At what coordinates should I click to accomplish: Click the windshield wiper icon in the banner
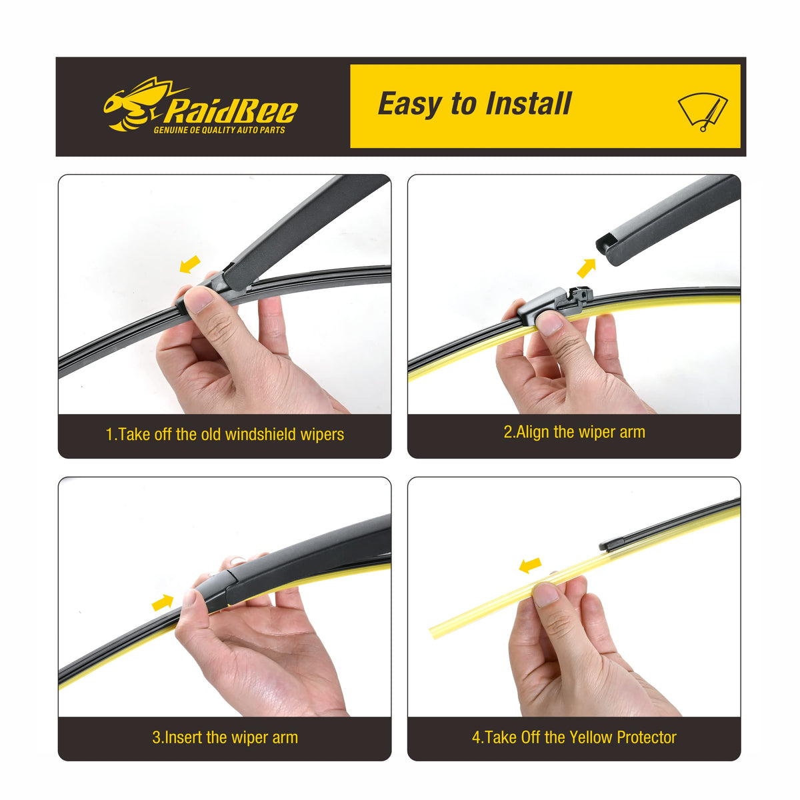[703, 112]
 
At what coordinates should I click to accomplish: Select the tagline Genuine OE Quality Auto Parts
[219, 130]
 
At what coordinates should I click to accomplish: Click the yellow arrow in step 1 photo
[190, 264]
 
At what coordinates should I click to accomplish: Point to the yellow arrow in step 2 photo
[587, 268]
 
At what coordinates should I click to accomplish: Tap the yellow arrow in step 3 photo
[162, 602]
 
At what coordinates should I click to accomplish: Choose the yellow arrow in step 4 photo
[531, 565]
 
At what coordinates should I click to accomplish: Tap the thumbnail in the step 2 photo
[549, 322]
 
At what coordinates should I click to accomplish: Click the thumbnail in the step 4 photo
[545, 595]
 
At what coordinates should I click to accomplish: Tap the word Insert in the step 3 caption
[183, 737]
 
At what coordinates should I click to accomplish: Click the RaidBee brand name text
[231, 111]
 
